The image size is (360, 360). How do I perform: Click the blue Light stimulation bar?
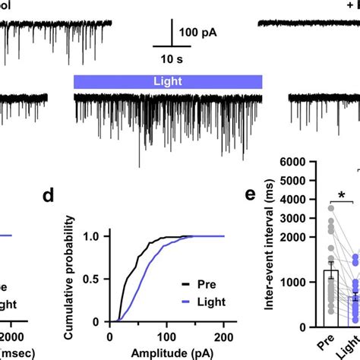167,81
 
